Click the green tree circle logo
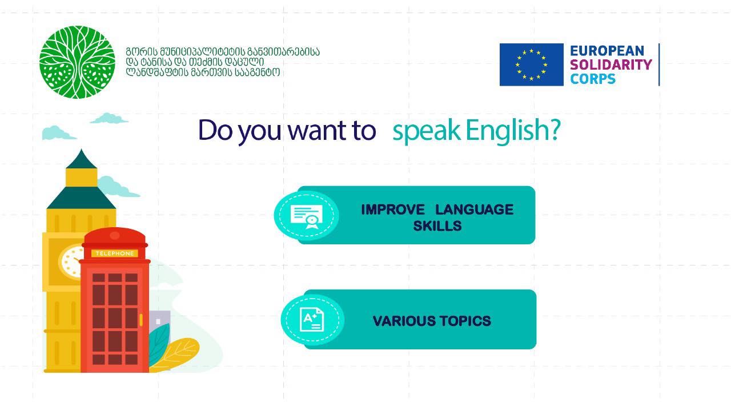pos(77,62)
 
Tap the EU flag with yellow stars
pos(531,65)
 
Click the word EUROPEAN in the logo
pos(607,51)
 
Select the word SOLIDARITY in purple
pos(611,65)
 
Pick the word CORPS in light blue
pos(593,79)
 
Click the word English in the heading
pos(513,131)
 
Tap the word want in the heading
pos(316,131)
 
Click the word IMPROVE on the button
pos(393,209)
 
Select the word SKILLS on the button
pos(437,225)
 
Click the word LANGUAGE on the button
pos(475,209)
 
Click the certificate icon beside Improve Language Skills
pos(307,216)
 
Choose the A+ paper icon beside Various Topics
pos(312,320)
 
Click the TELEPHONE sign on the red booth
pos(115,253)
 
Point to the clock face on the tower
pos(72,261)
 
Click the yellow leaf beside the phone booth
pos(176,354)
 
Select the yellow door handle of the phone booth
pos(141,320)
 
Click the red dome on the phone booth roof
pos(115,235)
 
